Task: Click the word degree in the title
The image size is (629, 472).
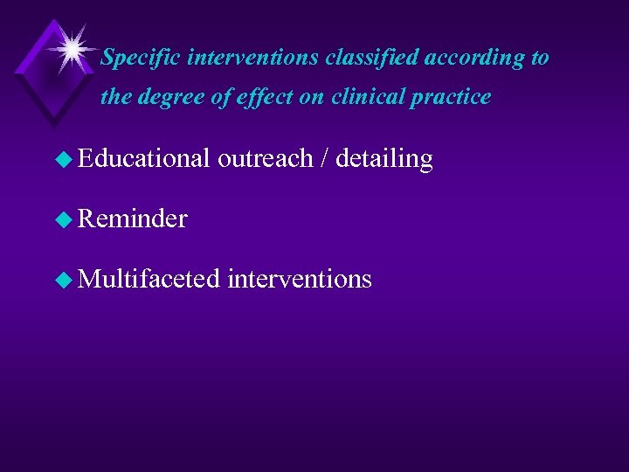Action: tap(169, 98)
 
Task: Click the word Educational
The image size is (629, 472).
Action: tap(144, 158)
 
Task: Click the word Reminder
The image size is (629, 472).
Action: tap(133, 219)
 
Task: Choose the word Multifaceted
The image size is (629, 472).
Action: tap(148, 279)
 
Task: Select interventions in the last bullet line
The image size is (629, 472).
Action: tap(300, 279)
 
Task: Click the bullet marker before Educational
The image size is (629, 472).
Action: tap(64, 159)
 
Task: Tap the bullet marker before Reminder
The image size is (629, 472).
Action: tap(64, 219)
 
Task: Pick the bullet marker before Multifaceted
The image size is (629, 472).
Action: tap(64, 280)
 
